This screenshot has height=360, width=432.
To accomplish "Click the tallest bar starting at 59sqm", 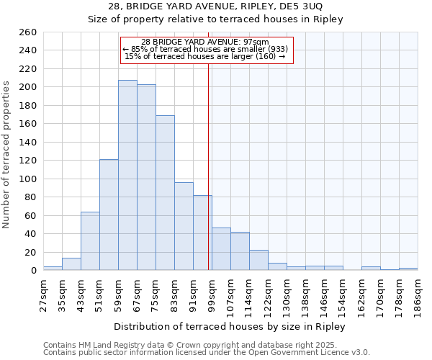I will (x=127, y=175).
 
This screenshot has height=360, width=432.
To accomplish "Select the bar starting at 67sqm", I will (x=146, y=177).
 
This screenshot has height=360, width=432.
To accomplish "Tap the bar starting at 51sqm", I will (x=109, y=215).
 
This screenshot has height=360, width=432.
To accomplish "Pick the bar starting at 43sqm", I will (x=90, y=241).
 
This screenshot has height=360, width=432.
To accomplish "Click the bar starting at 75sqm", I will (x=165, y=193).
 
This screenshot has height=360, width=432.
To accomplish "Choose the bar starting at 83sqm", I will (x=184, y=226).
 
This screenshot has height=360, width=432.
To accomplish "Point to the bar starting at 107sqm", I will (x=240, y=251).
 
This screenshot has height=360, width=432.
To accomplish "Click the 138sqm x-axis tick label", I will (x=306, y=294).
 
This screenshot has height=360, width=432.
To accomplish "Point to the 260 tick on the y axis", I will (x=28, y=32).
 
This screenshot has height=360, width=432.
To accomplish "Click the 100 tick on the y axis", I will (x=28, y=179).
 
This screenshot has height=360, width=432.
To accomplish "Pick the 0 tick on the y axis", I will (x=33, y=271).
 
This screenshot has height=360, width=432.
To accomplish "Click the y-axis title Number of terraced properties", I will (x=6, y=155).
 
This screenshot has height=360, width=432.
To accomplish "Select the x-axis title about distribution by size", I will (x=230, y=326).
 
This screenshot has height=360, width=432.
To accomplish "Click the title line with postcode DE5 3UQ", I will (x=215, y=6).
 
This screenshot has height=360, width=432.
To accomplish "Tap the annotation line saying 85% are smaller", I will (x=205, y=49).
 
